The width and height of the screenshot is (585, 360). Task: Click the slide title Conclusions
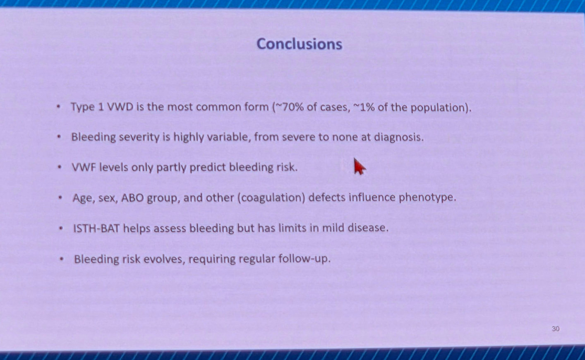[299, 43]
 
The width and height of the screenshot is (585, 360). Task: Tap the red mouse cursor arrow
[360, 166]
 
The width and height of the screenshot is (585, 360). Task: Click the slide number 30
[556, 329]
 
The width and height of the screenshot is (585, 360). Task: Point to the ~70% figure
[288, 107]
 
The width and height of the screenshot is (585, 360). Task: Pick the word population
[438, 108]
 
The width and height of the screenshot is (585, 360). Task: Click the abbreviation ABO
[132, 198]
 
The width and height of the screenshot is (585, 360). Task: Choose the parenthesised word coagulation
[271, 198]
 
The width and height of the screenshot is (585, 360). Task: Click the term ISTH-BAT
[96, 228]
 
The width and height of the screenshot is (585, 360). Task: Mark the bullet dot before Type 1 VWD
[58, 106]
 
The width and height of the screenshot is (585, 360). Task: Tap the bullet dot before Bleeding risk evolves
[62, 259]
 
